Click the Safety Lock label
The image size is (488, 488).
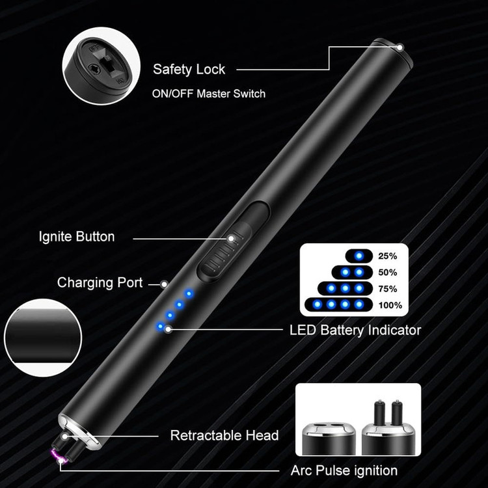189,69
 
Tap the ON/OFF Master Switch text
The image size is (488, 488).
208,94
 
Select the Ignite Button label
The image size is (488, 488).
76,237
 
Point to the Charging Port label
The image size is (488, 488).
100,282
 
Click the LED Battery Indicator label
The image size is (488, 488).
355,330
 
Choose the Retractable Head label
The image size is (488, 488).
224,435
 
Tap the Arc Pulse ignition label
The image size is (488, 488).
344,470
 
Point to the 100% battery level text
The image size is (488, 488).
390,305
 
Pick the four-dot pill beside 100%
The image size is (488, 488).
339,305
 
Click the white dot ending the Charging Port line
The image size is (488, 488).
165,284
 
